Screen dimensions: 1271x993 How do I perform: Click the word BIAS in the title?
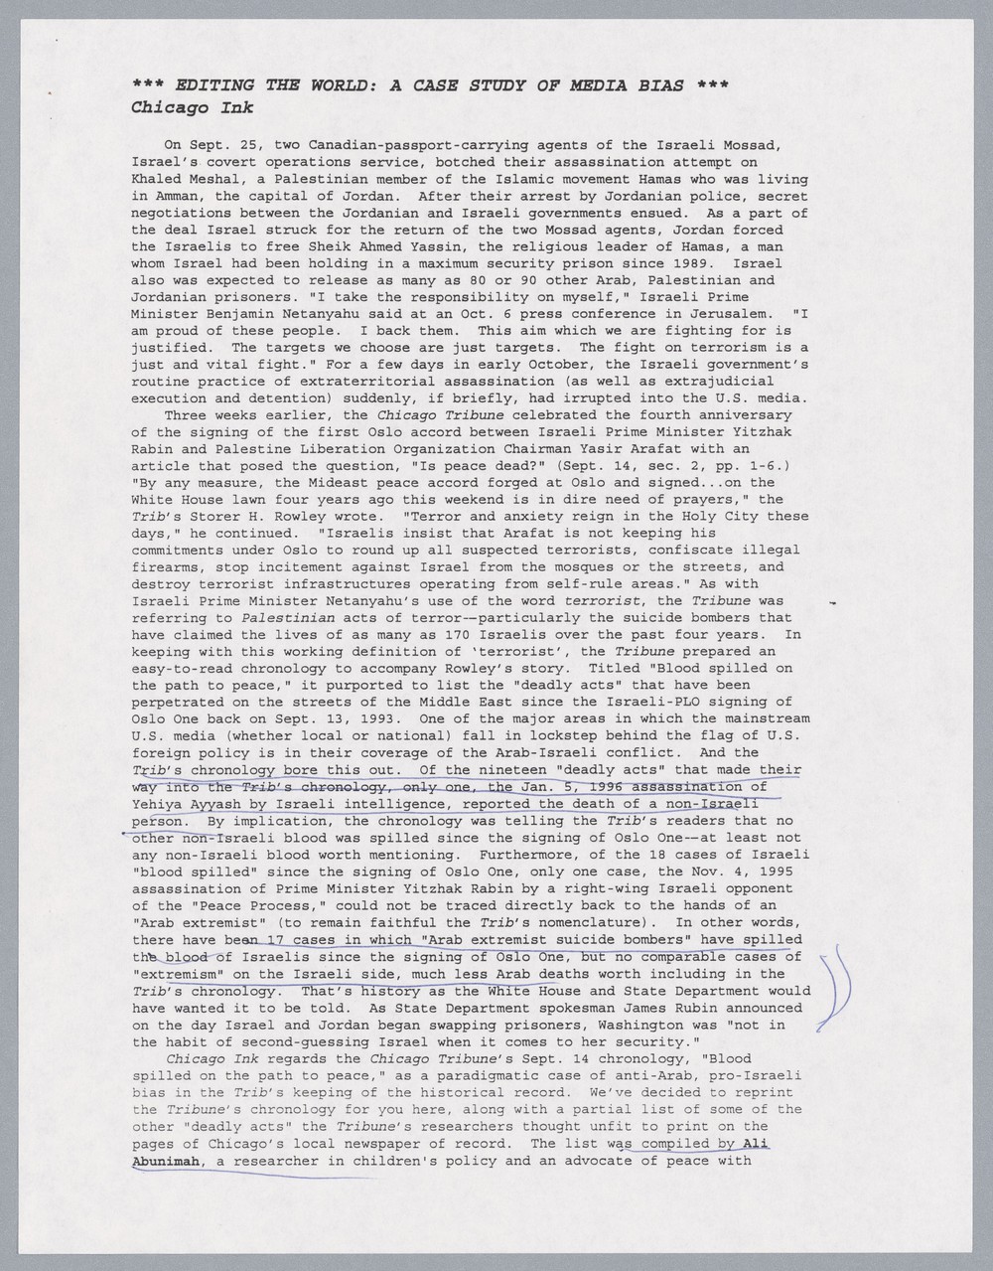point(656,85)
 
